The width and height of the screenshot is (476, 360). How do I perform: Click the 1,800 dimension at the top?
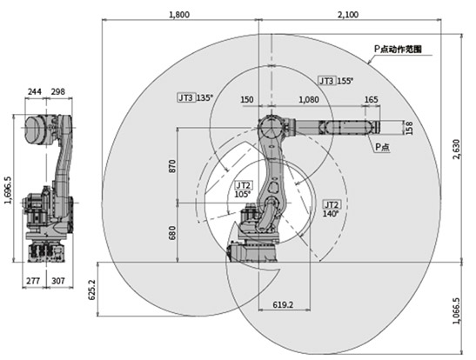coord(179,15)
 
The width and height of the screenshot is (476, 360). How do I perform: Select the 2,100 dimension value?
coord(348,15)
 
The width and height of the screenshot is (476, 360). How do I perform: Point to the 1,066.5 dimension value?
coord(456,310)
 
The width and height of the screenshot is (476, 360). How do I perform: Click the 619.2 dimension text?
coord(283,304)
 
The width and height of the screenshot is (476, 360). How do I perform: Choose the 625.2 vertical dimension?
coord(91,290)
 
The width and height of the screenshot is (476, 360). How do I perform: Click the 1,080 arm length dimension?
coord(309,99)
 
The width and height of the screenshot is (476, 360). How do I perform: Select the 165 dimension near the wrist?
coord(371,99)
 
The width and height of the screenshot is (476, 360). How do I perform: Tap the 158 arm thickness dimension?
coord(409,128)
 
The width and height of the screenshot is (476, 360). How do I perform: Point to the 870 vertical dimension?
coord(171,166)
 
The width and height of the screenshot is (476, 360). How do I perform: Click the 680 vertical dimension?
coord(171,233)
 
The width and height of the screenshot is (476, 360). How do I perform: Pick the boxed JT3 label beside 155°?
coord(326,81)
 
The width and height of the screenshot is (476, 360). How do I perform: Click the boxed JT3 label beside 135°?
coord(185,97)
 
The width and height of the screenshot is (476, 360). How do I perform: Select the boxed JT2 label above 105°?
coord(244,185)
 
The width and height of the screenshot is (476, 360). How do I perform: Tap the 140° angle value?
coord(331,214)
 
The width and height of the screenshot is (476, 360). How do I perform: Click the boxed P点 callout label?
coord(383,147)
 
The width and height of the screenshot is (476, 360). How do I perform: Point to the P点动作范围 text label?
coord(398,49)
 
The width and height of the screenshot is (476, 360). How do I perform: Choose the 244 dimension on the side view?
coord(35,91)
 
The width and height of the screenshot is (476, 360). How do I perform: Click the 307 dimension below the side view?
coord(58,281)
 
